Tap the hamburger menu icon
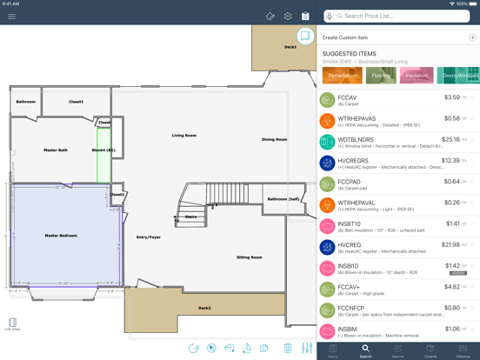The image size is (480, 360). coord(11,16)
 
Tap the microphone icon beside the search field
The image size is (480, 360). coord(330,16)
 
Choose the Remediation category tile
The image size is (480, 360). coord(341,76)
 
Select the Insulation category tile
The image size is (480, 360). coord(417,76)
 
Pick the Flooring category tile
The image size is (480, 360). coord(381,76)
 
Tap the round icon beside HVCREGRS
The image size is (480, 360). coord(327,162)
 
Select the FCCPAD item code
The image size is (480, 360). coord(348,182)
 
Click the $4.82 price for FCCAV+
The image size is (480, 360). coord(451,286)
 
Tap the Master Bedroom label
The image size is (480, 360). coord(61,236)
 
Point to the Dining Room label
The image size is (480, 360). coord(274,139)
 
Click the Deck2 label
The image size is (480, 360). coord(204,308)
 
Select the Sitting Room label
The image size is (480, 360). coord(250,257)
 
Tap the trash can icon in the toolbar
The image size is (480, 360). coord(288,348)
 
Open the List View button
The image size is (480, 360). coord(12,323)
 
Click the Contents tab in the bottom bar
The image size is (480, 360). coord(430,350)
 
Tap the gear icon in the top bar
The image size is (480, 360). coord(288,16)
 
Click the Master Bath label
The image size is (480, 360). coord(56,150)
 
